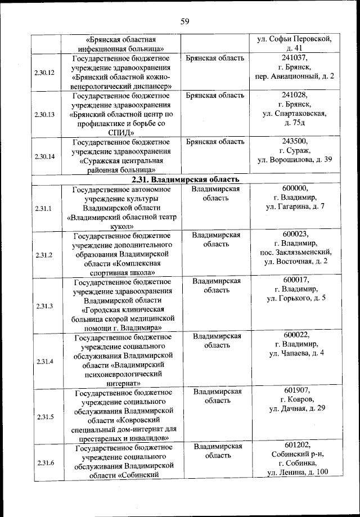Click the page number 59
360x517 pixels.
pyautogui.click(x=184, y=22)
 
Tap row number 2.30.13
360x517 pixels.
pyautogui.click(x=44, y=114)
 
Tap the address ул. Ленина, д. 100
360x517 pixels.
pyautogui.click(x=298, y=472)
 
